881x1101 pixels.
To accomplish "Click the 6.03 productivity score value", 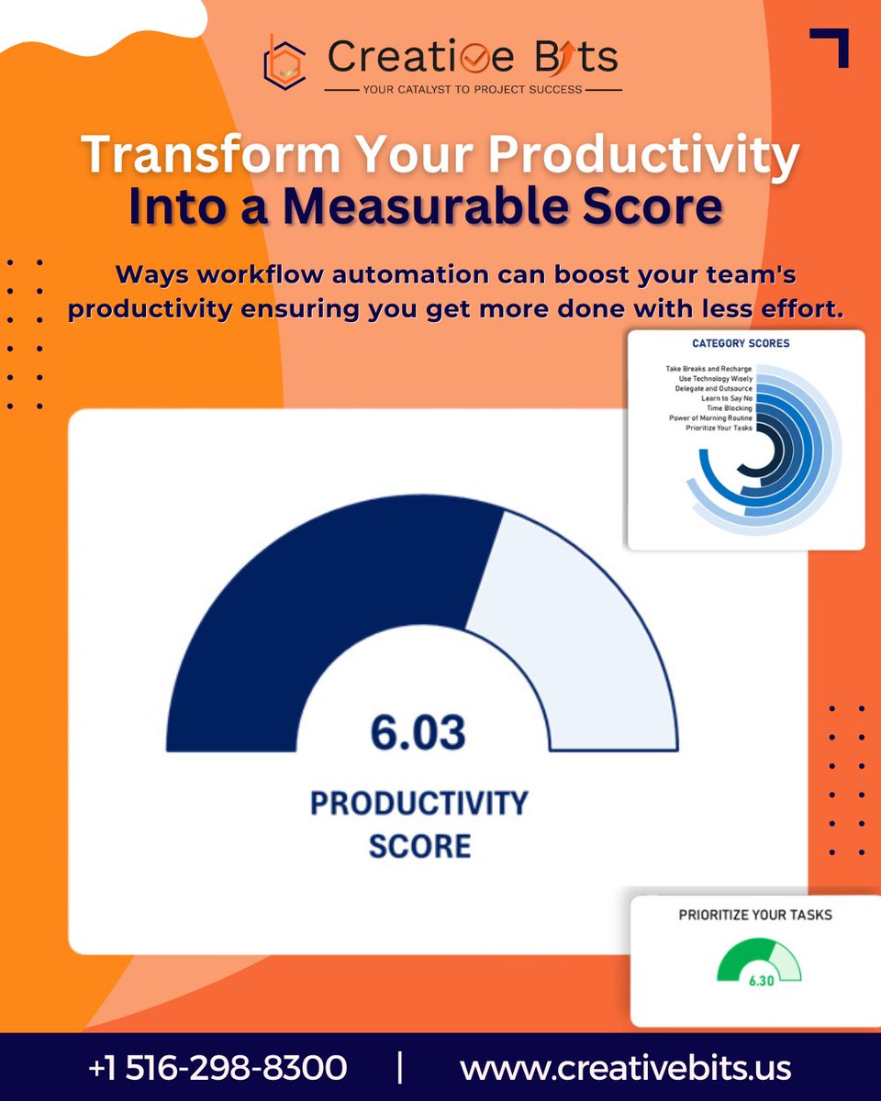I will pyautogui.click(x=418, y=733).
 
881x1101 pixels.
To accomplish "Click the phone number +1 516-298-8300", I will pyautogui.click(x=217, y=1068).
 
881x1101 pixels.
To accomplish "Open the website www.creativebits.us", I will pyautogui.click(x=625, y=1068).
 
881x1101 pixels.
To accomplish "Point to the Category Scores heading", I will pyautogui.click(x=741, y=344).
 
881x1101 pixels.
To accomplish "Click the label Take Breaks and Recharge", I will pyautogui.click(x=708, y=369).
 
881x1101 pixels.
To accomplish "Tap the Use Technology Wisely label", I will pyautogui.click(x=712, y=379).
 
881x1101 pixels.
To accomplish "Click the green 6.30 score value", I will pyautogui.click(x=761, y=981).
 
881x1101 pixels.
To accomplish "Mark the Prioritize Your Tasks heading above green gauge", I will pyautogui.click(x=755, y=915).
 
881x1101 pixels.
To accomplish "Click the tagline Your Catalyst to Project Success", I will pyautogui.click(x=474, y=90).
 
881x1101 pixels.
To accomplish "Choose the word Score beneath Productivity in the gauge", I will pyautogui.click(x=419, y=845).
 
